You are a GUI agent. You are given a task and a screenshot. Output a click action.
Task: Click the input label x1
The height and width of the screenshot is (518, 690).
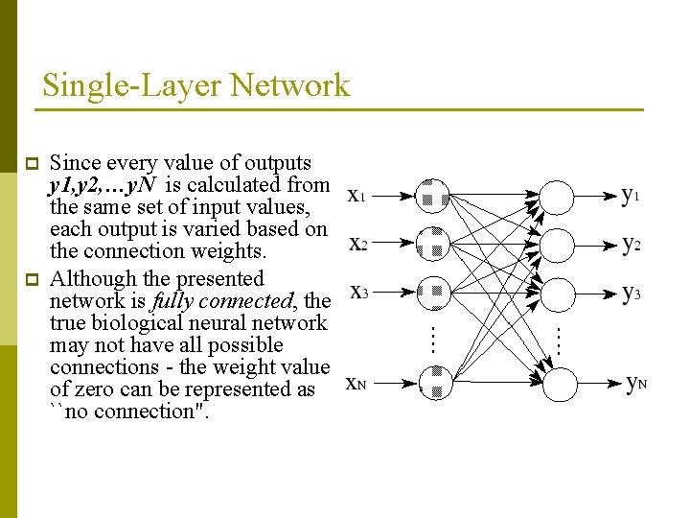tap(356, 197)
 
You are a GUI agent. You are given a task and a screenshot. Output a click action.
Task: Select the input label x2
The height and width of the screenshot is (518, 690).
tap(357, 244)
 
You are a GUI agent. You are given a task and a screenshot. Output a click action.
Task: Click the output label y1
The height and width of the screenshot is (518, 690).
tap(631, 196)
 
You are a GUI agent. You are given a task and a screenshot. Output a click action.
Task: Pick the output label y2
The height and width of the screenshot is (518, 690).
tap(631, 244)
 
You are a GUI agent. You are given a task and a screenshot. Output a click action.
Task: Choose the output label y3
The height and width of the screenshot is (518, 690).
tap(631, 292)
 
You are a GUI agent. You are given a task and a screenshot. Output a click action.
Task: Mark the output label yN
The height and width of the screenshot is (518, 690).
tap(635, 384)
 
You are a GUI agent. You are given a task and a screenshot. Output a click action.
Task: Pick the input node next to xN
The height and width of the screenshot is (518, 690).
tap(434, 383)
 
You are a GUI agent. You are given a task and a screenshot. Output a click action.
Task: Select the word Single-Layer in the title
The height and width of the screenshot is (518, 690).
tap(128, 86)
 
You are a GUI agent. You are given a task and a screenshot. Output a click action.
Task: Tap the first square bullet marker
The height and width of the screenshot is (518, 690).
tap(30, 164)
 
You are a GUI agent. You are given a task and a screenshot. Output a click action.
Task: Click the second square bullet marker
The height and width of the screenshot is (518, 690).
tap(30, 281)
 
